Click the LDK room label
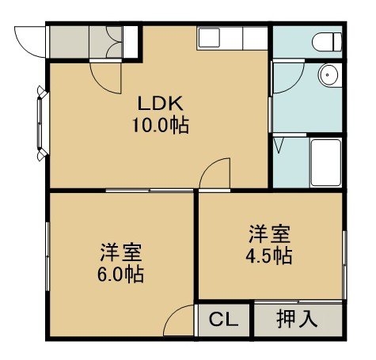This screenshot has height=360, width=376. [161, 104]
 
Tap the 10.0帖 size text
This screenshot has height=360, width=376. [161, 125]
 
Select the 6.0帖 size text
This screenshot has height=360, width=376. [120, 275]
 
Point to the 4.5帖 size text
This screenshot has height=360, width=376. [269, 256]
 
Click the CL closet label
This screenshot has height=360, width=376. [224, 320]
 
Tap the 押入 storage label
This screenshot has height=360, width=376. [297, 319]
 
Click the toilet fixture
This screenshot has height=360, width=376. [327, 42]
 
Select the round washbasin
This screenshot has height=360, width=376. [328, 75]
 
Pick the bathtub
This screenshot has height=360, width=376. [326, 162]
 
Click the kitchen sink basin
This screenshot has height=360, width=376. [209, 38]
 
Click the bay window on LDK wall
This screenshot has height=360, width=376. [42, 123]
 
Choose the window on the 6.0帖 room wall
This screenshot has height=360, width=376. [47, 256]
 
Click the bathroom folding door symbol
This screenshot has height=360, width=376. [279, 145]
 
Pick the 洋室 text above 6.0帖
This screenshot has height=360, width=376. [120, 252]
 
